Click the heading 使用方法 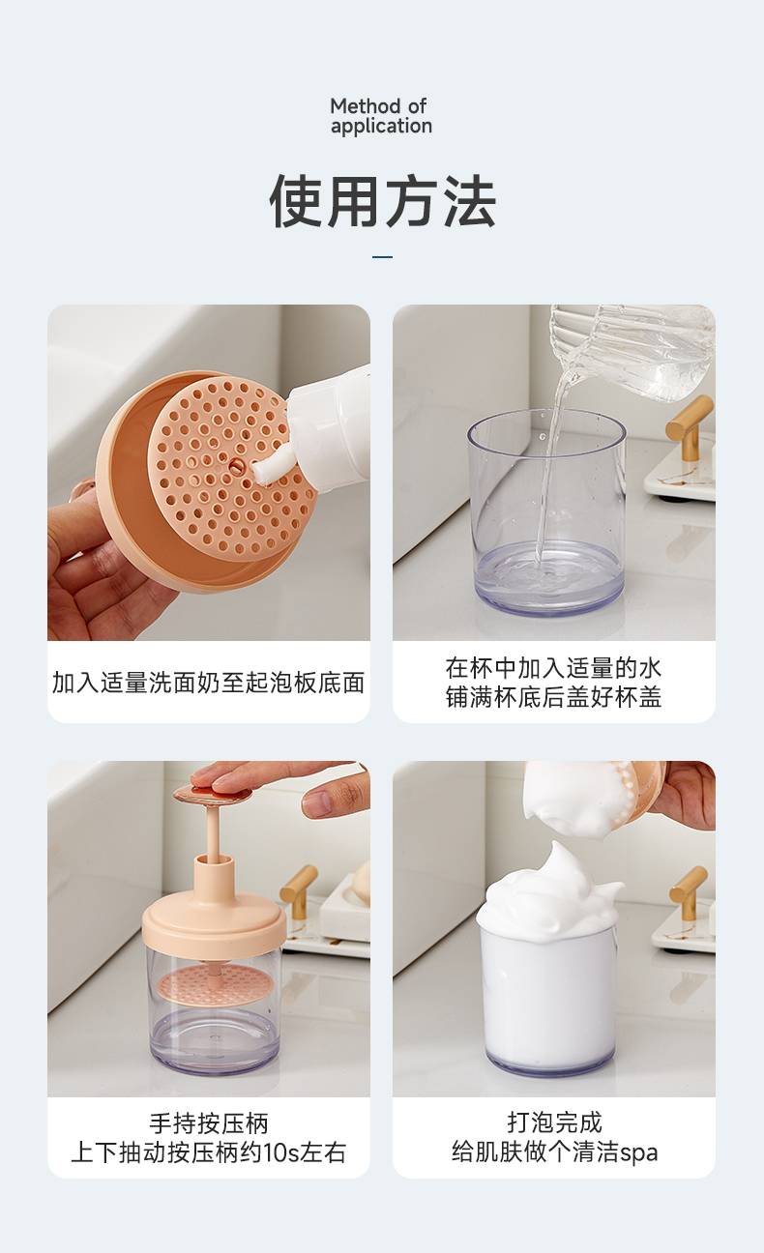382,201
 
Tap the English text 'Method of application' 381,116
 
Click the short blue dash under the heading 382,257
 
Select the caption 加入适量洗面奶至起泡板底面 208,683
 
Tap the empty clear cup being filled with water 546,511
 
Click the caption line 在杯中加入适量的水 553,668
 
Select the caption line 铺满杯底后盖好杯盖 553,697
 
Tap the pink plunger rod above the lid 214,833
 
